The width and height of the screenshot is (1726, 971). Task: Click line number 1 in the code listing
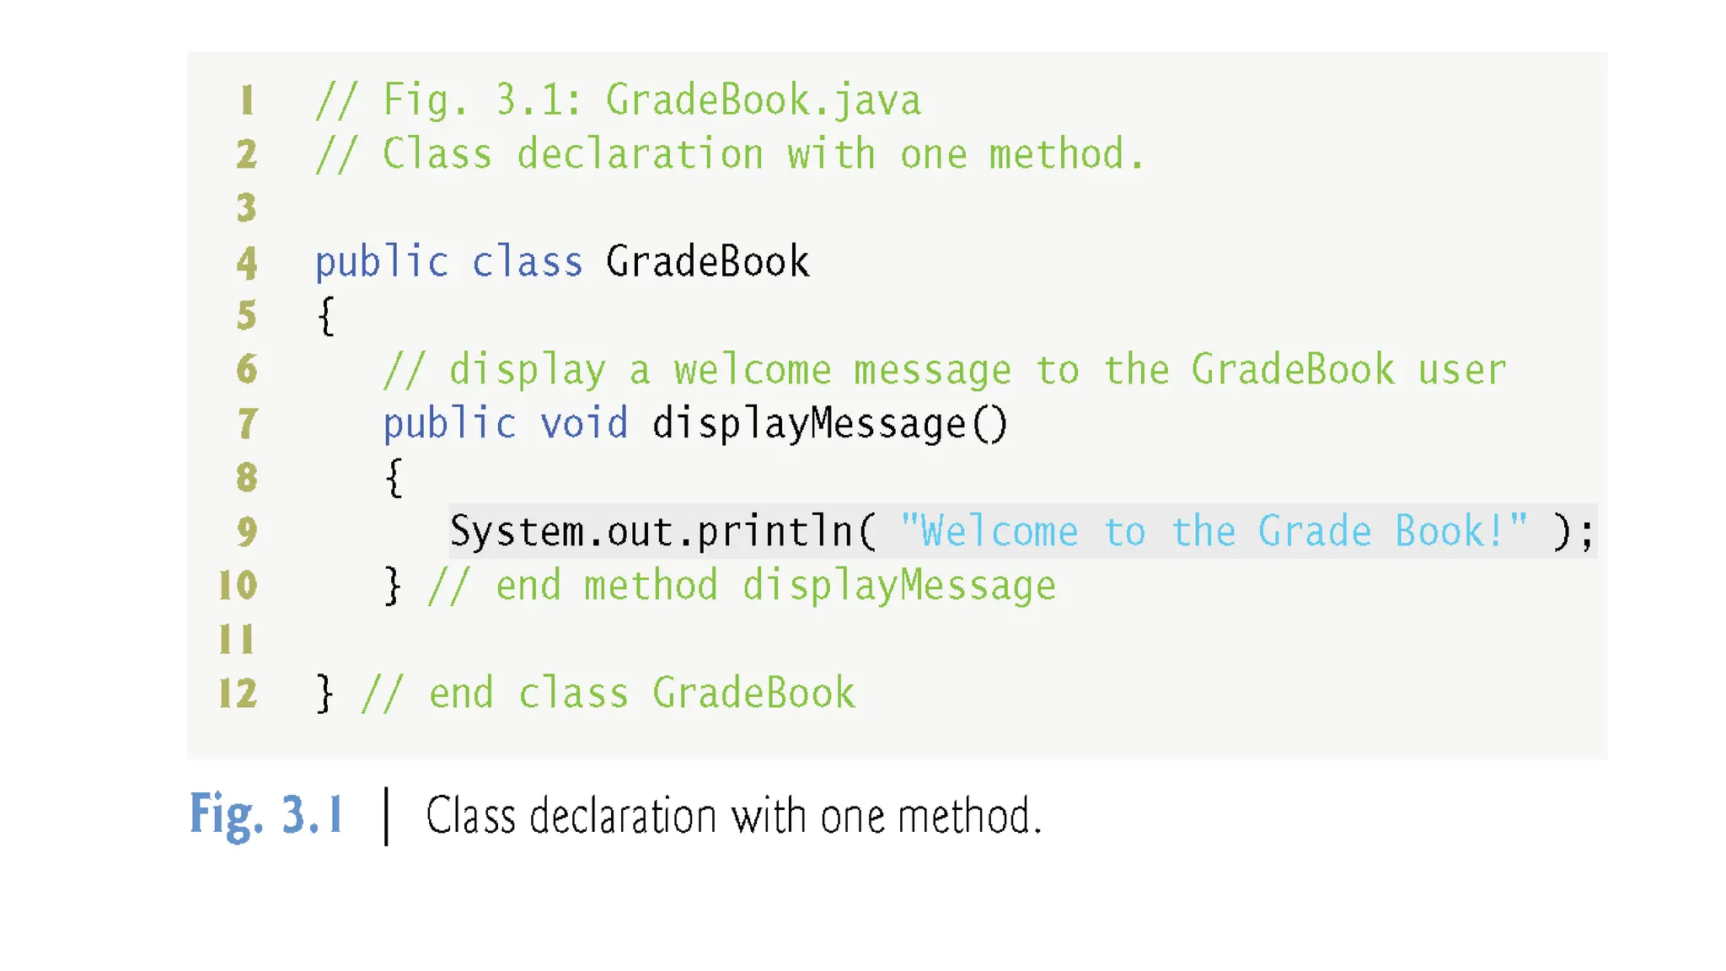tap(246, 100)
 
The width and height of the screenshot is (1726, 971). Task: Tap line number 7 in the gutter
tap(247, 423)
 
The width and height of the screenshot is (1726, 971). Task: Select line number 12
tap(238, 693)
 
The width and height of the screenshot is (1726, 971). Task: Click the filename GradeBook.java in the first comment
tap(763, 100)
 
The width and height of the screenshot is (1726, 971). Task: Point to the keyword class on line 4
tap(527, 262)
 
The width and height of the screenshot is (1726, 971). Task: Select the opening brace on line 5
tap(326, 316)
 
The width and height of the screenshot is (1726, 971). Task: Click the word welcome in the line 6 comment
tap(752, 370)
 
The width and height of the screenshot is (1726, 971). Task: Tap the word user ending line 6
tap(1461, 370)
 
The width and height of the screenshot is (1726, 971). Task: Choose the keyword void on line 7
tap(584, 423)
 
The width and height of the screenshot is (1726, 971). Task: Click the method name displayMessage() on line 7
tap(829, 423)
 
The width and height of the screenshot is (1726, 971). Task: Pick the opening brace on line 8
tap(394, 478)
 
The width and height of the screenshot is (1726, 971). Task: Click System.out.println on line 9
tap(651, 532)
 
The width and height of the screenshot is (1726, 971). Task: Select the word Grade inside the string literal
tap(1314, 532)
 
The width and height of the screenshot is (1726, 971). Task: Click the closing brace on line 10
tap(393, 585)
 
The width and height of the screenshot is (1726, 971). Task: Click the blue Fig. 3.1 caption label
tap(265, 815)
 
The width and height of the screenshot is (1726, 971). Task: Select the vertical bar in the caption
tap(386, 816)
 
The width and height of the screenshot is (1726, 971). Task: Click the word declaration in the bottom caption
tap(623, 816)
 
